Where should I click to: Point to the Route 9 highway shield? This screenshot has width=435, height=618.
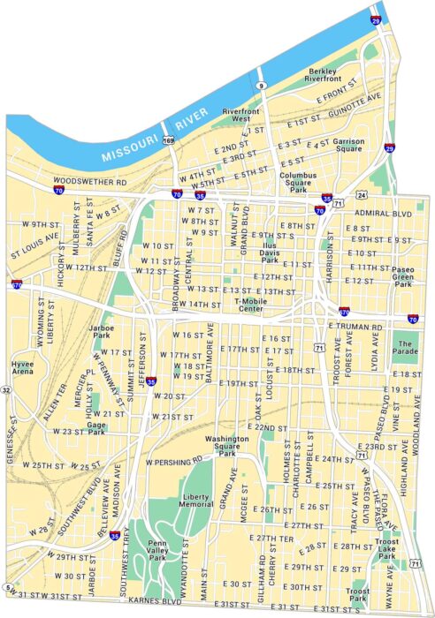pyautogui.click(x=262, y=85)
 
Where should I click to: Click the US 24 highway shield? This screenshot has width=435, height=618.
pyautogui.click(x=362, y=194)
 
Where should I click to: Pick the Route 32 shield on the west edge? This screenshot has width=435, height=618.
pyautogui.click(x=6, y=389)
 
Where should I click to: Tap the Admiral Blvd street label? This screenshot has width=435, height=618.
pyautogui.click(x=376, y=213)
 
